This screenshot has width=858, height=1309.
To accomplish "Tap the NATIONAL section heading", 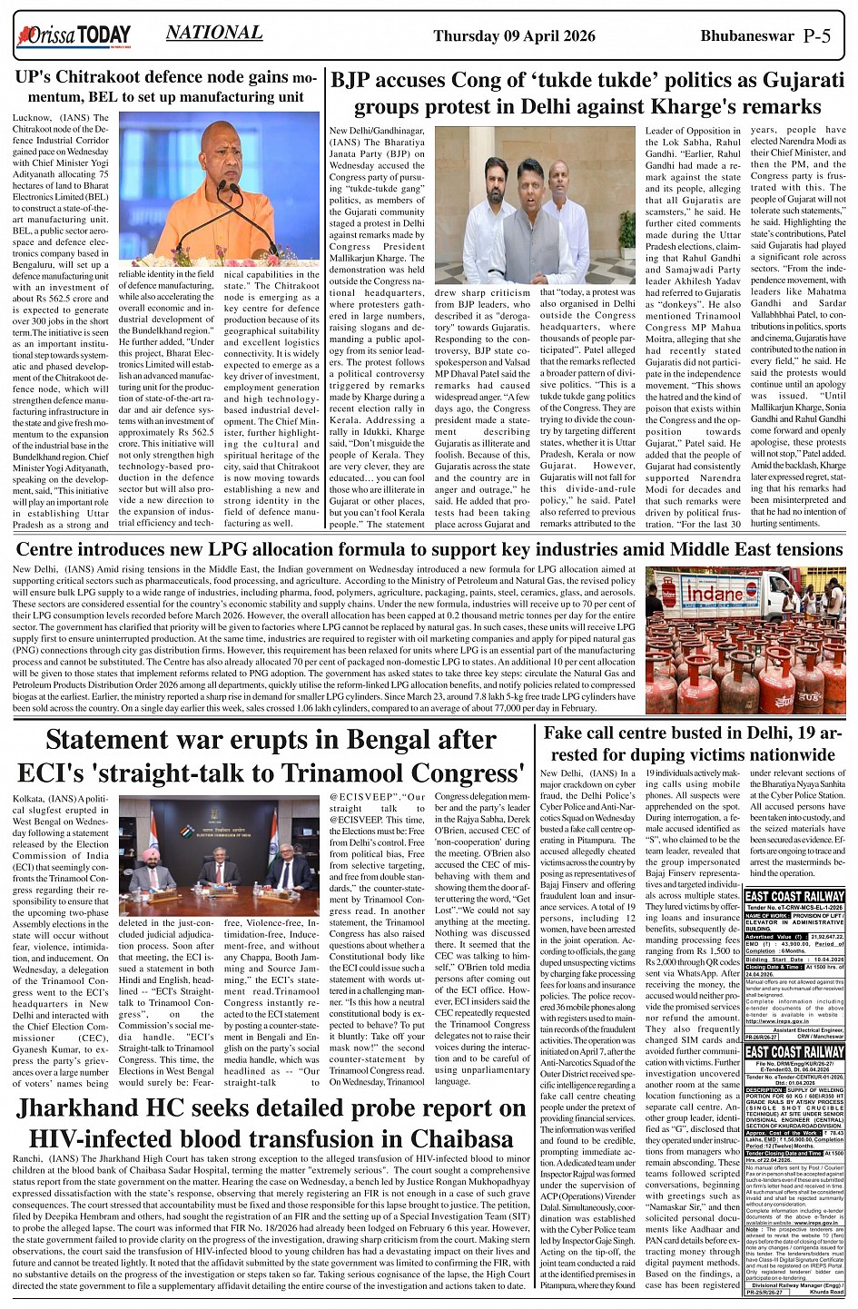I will click(x=214, y=34).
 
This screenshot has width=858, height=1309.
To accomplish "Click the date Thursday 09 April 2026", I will click(x=514, y=36).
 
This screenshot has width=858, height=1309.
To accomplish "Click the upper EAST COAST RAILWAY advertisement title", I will click(x=794, y=897).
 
